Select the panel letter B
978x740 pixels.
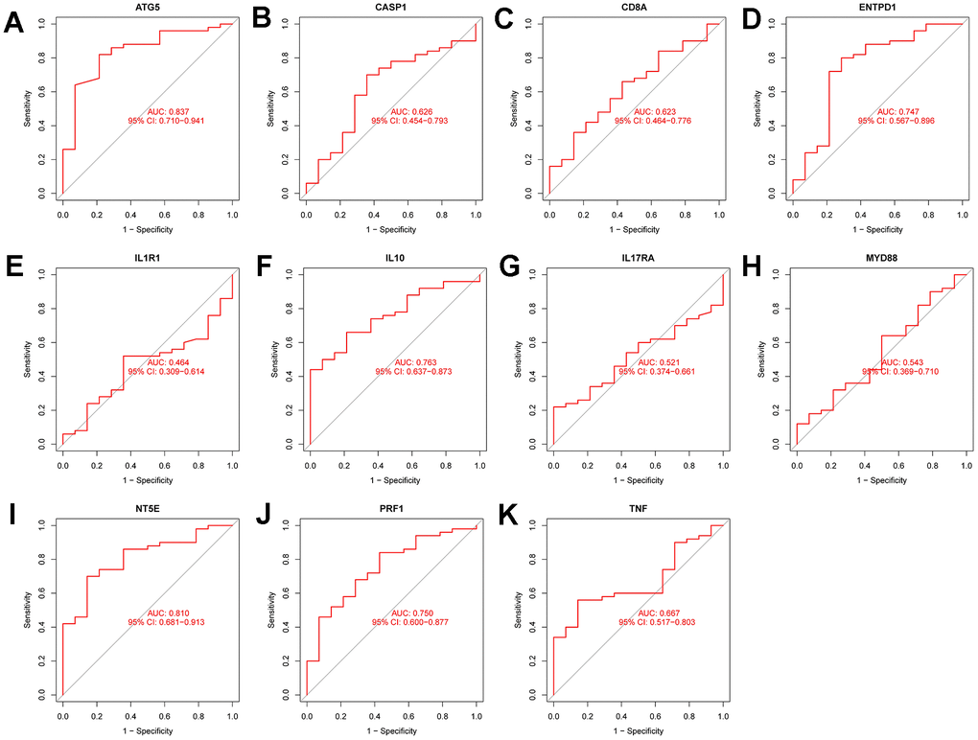259,21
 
